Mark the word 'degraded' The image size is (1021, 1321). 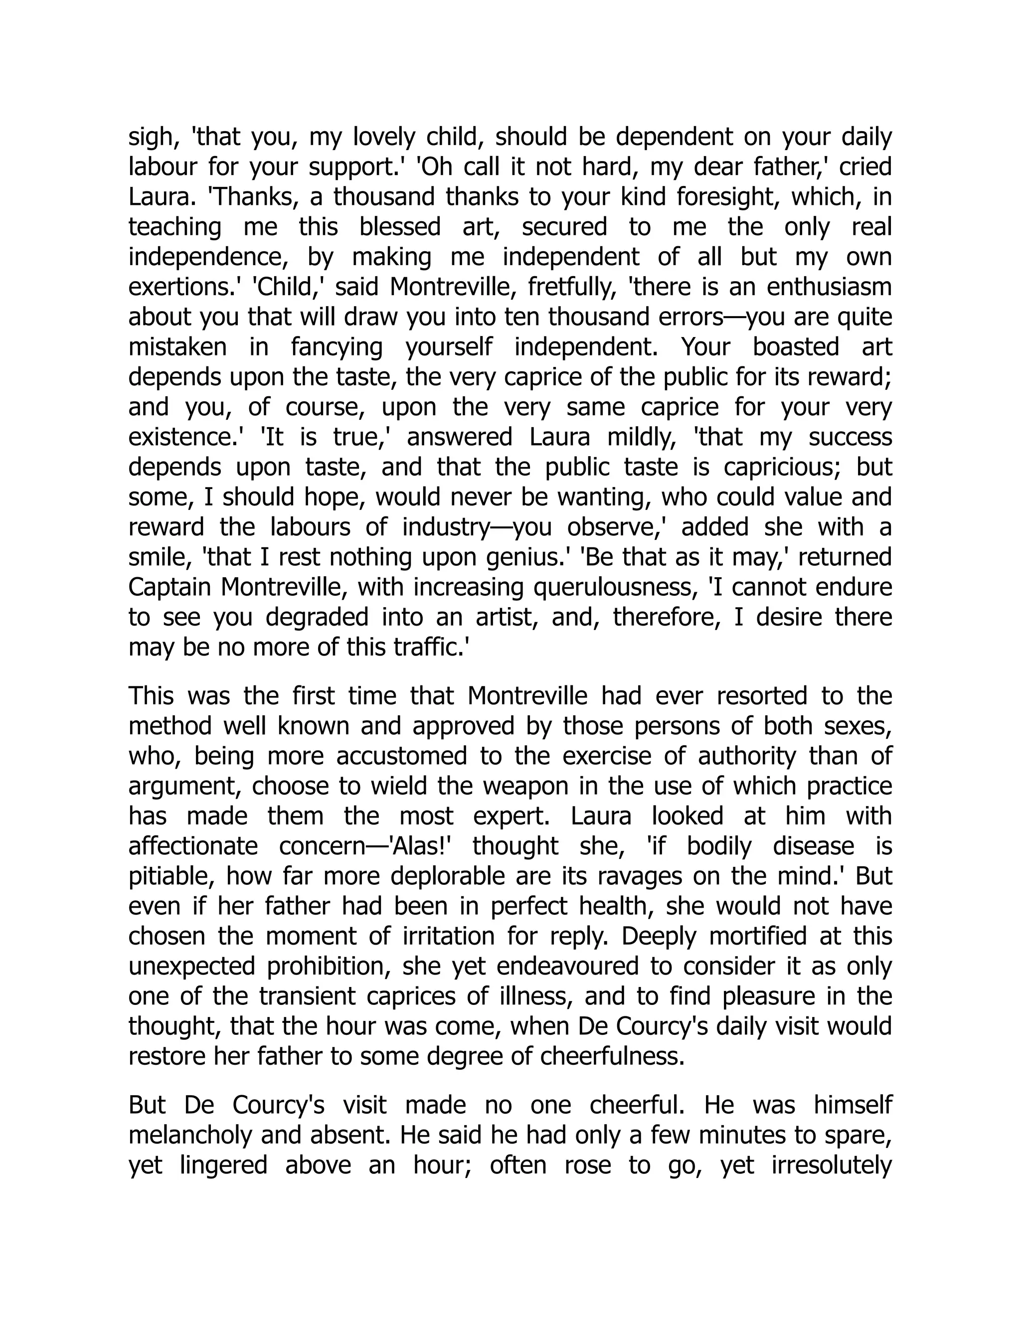tap(318, 617)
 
